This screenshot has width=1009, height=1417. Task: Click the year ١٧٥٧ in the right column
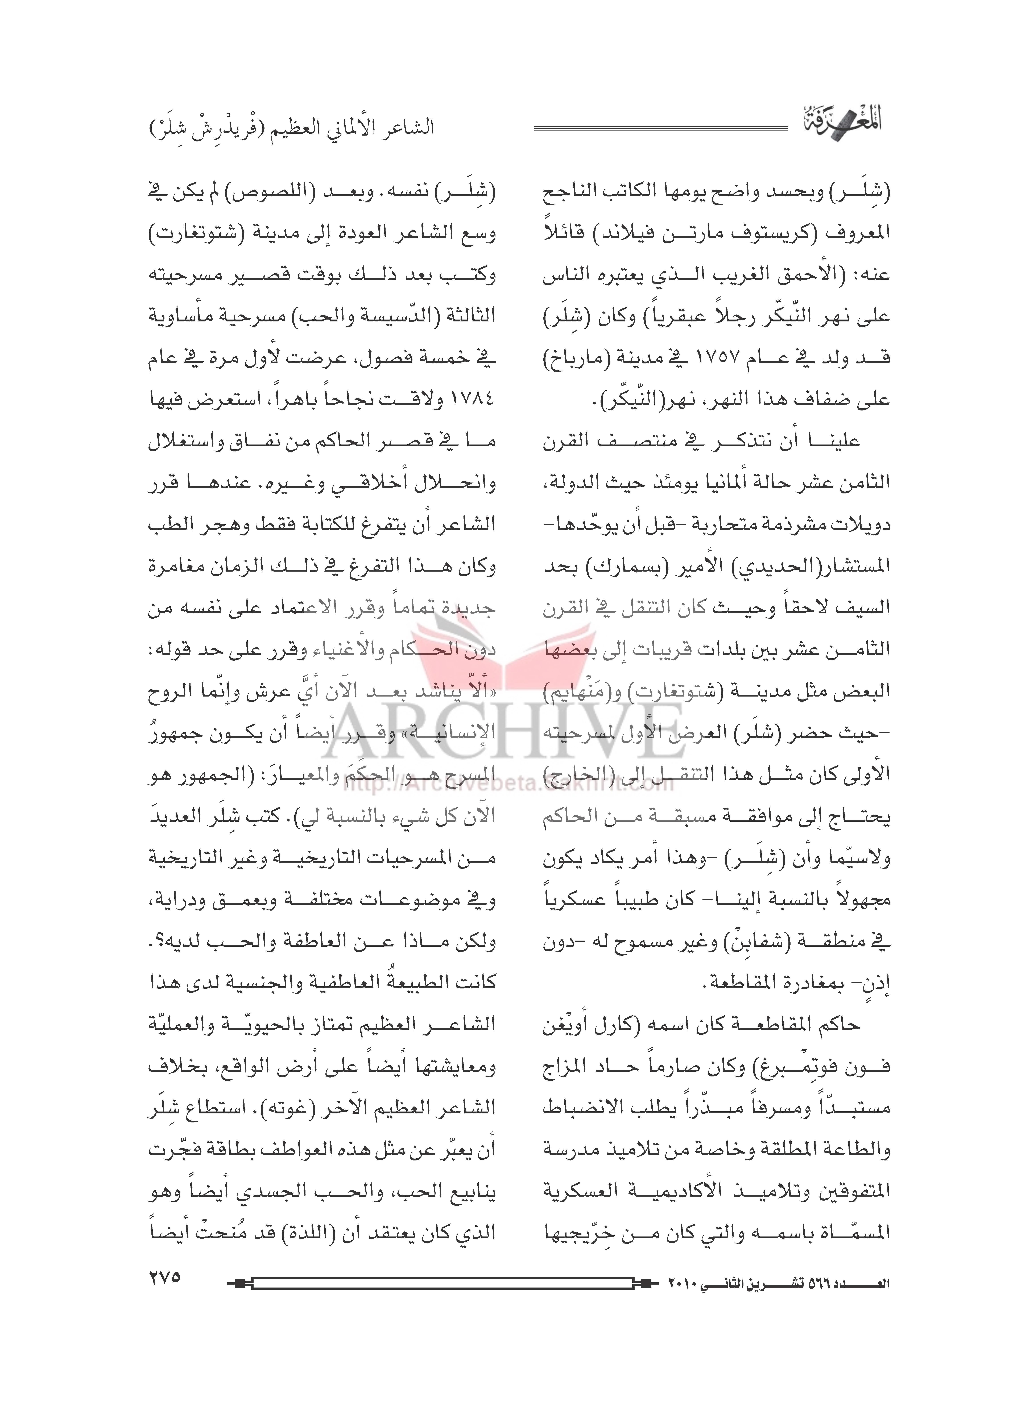click(677, 358)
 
